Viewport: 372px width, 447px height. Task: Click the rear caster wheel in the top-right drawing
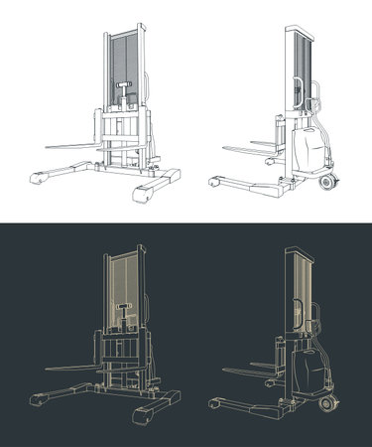tap(328, 183)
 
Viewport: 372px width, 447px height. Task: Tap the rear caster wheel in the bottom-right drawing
tap(328, 405)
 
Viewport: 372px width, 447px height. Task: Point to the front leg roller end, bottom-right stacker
tap(214, 405)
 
